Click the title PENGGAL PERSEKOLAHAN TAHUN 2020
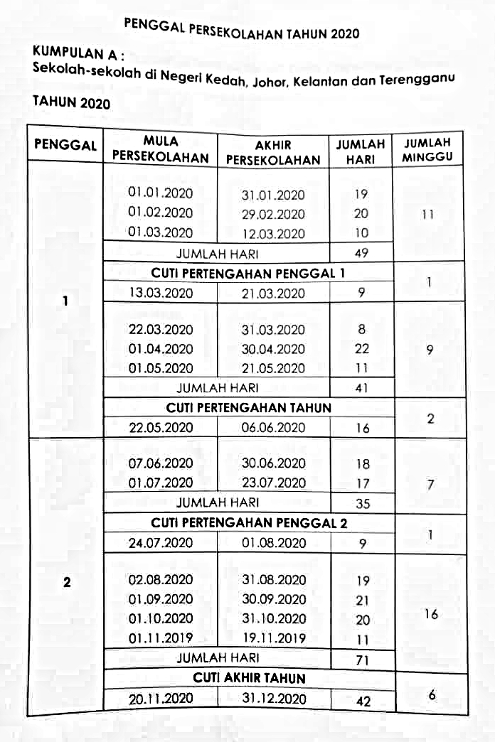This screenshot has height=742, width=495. (x=241, y=30)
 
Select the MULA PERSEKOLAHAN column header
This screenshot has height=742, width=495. (x=160, y=150)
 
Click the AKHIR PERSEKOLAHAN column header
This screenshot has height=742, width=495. (x=273, y=152)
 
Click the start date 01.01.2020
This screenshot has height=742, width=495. (x=160, y=193)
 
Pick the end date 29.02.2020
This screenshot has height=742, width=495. (x=273, y=214)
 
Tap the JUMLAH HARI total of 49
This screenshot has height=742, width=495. (x=361, y=252)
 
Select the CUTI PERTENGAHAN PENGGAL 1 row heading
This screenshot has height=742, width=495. (x=248, y=272)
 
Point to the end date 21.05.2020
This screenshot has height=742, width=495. (x=273, y=368)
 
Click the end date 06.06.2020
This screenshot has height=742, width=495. (x=273, y=427)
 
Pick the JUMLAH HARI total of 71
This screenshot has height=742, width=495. (x=362, y=660)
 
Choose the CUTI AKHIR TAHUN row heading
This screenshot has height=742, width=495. (x=248, y=678)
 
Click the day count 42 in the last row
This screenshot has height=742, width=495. (x=362, y=700)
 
